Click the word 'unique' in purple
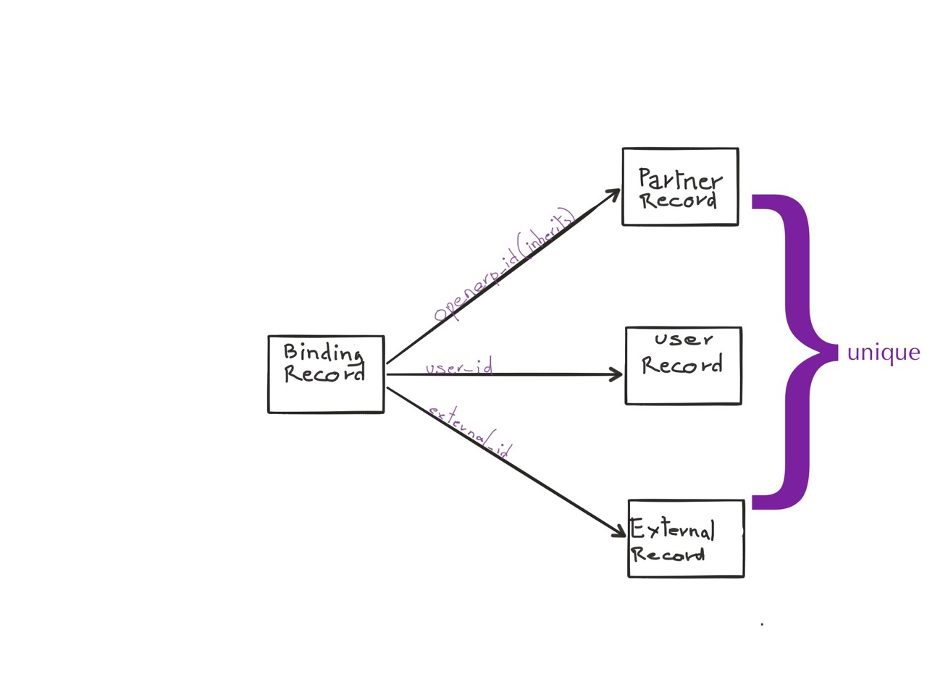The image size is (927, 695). coord(884,353)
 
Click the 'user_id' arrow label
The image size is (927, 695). coord(459,368)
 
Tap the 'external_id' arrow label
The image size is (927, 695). coord(470,432)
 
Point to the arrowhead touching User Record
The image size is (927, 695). coord(616,374)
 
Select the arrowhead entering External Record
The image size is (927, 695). coord(619,532)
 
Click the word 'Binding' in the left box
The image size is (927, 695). coord(323,353)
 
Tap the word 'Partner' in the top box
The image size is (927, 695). coord(680,178)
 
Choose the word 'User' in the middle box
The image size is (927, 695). coord(684,340)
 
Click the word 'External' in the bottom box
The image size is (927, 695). coord(673,530)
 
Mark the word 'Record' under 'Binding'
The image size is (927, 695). coord(324,374)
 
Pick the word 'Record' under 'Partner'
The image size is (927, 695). coord(679,201)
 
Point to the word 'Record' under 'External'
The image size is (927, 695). coord(668,555)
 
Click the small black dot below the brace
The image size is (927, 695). coord(762,623)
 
